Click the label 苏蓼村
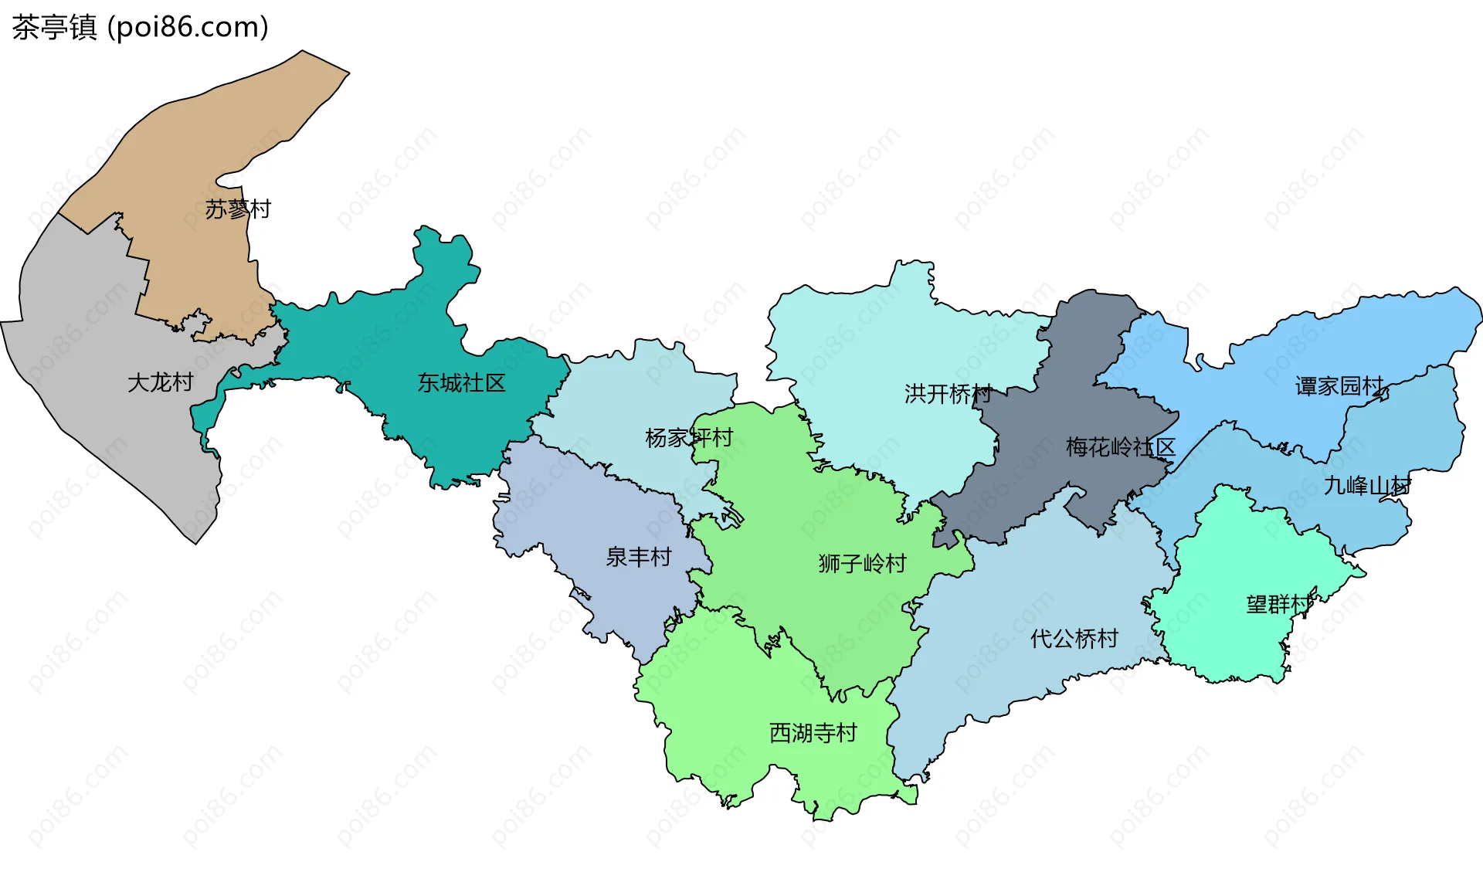pyautogui.click(x=237, y=209)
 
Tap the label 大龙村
pyautogui.click(x=160, y=382)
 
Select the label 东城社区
pyautogui.click(x=461, y=383)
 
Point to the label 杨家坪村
pyautogui.click(x=688, y=438)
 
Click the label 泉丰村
pyautogui.click(x=638, y=557)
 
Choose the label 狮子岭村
pyautogui.click(x=862, y=563)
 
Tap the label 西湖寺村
pyautogui.click(x=813, y=732)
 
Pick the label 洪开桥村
pyautogui.click(x=948, y=394)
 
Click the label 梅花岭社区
pyautogui.click(x=1120, y=447)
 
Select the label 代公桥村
pyautogui.click(x=1074, y=639)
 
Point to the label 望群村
pyautogui.click(x=1278, y=604)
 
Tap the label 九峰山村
pyautogui.click(x=1367, y=486)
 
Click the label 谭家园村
pyautogui.click(x=1339, y=386)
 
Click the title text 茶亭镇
pyautogui.click(x=54, y=28)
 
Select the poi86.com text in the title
pyautogui.click(x=188, y=28)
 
